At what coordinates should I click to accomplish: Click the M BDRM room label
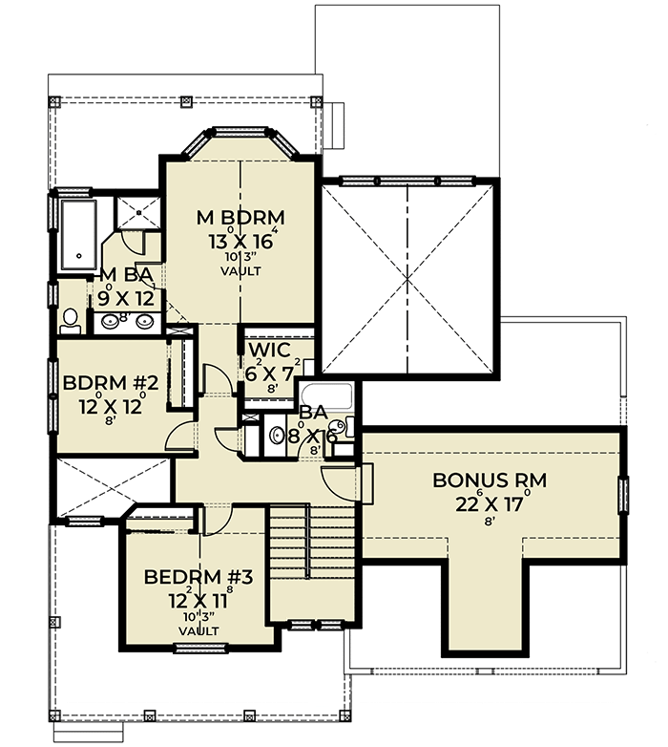pos(241,216)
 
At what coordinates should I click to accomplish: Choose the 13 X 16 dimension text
pos(241,240)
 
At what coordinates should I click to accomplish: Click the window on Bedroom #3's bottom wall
pos(197,648)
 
